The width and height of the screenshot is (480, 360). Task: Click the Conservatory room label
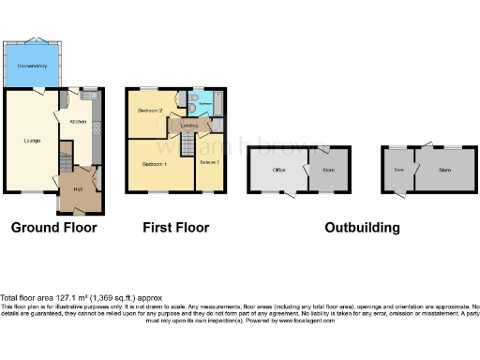32,65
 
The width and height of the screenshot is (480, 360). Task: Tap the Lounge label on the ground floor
31,141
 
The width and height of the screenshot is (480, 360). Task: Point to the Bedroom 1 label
154,164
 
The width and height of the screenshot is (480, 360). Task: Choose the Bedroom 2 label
151,111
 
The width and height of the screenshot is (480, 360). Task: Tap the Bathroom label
204,105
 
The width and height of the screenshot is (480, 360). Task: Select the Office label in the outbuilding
278,170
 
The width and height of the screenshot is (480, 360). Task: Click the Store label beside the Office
328,170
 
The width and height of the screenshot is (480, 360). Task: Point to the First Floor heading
175,227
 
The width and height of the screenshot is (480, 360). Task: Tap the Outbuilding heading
362,227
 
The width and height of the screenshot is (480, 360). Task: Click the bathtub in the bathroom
217,104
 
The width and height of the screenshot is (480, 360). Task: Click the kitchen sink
91,97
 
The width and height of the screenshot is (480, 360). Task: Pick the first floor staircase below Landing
187,145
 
